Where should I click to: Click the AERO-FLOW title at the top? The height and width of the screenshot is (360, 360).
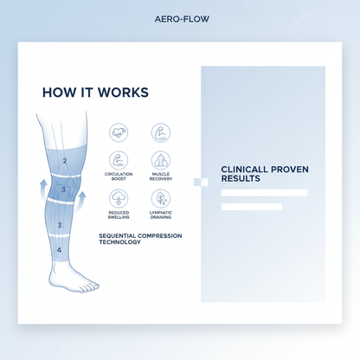179,18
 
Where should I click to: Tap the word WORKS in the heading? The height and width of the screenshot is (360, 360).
121,92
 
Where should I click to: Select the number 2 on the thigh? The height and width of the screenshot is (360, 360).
65,161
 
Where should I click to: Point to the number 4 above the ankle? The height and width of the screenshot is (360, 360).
59,249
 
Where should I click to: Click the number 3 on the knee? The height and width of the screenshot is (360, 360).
63,189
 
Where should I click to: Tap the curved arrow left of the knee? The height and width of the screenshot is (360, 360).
37,190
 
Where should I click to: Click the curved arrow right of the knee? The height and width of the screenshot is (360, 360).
82,201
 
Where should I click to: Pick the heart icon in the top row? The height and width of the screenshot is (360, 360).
119,132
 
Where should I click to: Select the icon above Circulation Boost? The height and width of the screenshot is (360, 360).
119,160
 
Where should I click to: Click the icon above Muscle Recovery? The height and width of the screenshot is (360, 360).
160,160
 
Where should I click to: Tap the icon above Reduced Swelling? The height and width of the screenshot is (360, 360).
119,198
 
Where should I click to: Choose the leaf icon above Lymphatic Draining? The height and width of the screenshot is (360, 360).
160,198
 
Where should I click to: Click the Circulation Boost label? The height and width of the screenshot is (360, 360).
119,176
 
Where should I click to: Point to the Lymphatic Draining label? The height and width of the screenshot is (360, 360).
160,215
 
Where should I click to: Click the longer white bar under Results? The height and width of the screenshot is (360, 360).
264,193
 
